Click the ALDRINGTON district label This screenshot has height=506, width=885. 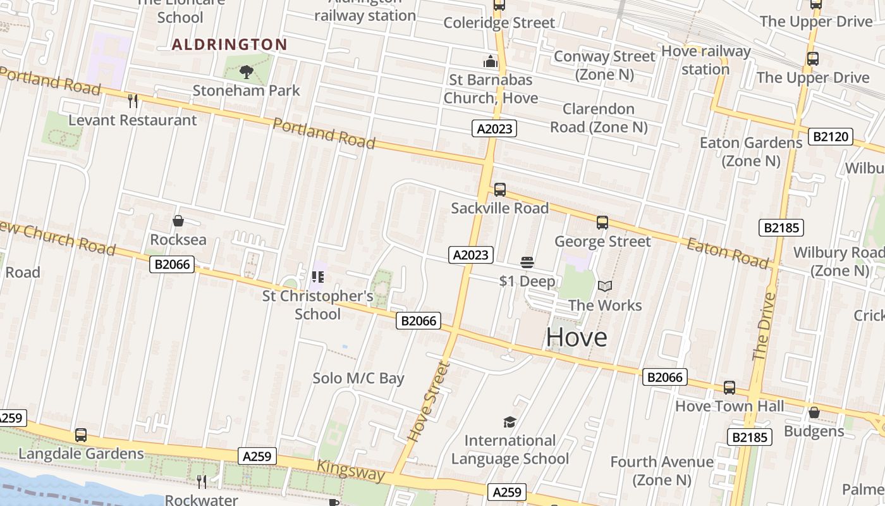pos(229,44)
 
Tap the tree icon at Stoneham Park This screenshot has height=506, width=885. pos(247,72)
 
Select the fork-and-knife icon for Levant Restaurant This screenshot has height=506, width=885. pos(133,101)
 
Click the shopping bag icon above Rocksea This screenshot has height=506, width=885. pos(178,221)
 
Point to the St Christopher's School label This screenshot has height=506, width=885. pos(317,305)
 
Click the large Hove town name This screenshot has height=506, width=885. pos(577,337)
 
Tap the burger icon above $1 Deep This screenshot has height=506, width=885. pos(527,262)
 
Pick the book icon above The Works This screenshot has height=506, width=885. pos(605,286)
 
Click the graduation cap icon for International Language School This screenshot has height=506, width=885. pos(510,422)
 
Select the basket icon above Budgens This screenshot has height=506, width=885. pos(814,413)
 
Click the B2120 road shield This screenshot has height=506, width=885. pos(831,136)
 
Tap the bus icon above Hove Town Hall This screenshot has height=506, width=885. pos(729,388)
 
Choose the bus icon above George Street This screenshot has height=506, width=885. pos(602,223)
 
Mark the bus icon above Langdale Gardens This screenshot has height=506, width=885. pos(81,435)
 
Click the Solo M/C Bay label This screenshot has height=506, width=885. pos(358,378)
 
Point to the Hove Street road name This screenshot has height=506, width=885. pos(429,401)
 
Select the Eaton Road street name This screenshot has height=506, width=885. pos(728,253)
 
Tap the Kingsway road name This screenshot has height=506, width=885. pos(350,471)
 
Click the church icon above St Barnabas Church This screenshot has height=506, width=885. pos(491,61)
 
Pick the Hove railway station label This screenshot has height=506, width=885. pos(705,60)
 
